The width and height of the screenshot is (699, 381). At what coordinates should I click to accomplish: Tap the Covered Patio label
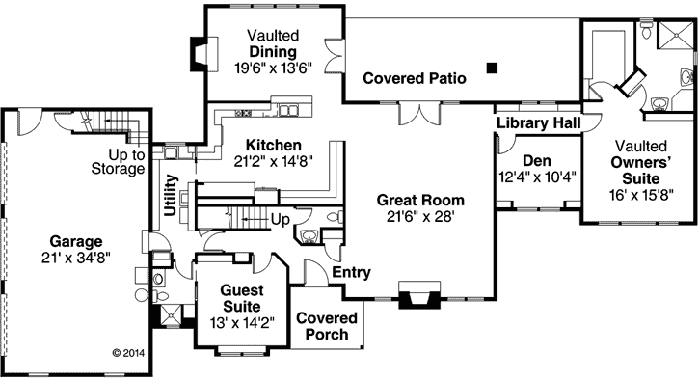pyautogui.click(x=415, y=77)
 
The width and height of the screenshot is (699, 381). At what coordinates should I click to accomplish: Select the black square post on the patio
pyautogui.click(x=493, y=68)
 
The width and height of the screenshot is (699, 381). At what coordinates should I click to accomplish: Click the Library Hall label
pyautogui.click(x=539, y=124)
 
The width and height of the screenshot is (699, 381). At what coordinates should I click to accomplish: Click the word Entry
pyautogui.click(x=352, y=273)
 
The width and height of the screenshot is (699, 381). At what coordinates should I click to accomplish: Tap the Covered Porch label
pyautogui.click(x=326, y=326)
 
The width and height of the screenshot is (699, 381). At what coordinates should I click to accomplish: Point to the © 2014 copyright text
pyautogui.click(x=127, y=353)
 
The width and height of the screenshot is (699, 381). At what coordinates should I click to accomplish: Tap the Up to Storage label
pyautogui.click(x=125, y=162)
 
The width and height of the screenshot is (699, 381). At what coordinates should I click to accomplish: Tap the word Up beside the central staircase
pyautogui.click(x=280, y=221)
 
